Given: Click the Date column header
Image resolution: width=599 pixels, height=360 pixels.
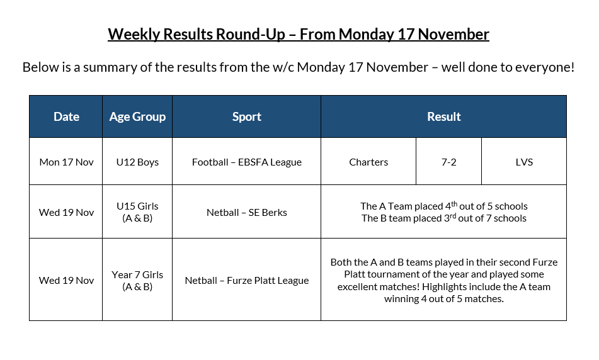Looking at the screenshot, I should click(66, 116).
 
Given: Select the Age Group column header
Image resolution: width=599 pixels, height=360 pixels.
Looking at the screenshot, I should click(137, 116).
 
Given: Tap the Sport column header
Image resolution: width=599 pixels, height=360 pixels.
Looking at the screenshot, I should click(246, 116).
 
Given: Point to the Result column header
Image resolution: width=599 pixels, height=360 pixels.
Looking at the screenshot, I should click(443, 116).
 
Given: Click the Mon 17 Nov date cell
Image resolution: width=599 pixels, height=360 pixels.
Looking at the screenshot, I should click(66, 162).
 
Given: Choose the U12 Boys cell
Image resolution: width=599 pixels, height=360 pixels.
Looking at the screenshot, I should click(137, 162).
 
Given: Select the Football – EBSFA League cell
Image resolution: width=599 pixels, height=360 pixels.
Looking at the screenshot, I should click(246, 162).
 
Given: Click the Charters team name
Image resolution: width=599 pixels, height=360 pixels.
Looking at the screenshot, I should click(368, 162).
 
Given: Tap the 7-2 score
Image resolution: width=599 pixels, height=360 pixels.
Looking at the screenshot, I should click(448, 162).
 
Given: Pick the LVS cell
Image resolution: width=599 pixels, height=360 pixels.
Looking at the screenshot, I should click(523, 162).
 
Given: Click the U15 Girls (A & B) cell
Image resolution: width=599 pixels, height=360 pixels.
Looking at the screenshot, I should click(137, 212).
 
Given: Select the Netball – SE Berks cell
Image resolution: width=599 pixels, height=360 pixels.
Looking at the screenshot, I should click(246, 212).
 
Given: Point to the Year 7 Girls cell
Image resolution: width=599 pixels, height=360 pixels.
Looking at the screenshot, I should click(137, 280).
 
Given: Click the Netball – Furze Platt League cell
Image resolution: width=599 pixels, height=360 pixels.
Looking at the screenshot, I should click(246, 280).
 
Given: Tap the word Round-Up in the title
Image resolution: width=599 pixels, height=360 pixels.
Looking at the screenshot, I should click(253, 34).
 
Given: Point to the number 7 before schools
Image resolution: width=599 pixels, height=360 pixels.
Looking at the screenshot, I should click(490, 218).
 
